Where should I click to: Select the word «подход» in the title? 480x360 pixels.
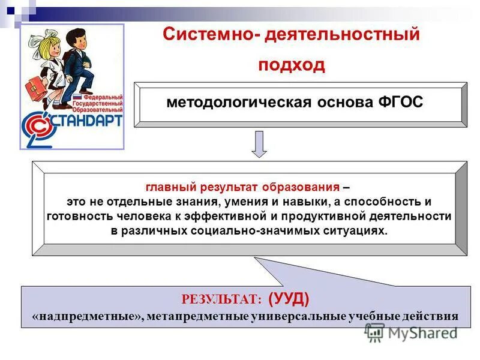[292, 64]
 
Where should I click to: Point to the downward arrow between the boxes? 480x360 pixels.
[259, 144]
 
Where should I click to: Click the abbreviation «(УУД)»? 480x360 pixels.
[289, 298]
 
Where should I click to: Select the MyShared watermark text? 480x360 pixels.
[420, 332]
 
